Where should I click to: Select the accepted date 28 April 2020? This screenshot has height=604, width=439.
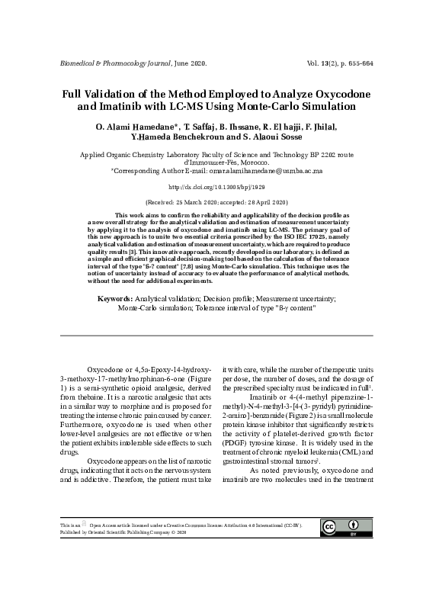pos(268,202)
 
